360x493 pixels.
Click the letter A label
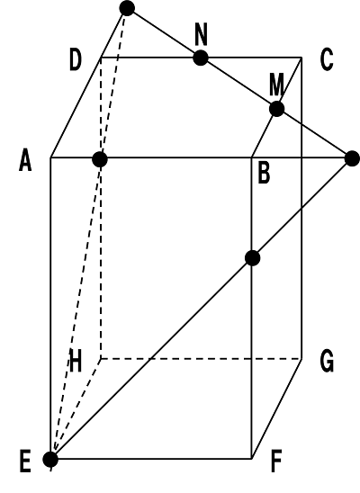pos(25,160)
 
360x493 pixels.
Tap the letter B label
pos(264,174)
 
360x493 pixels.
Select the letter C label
pos(327,59)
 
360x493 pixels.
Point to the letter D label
pos(76,59)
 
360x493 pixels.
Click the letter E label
pos(25,462)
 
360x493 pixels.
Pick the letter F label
pos(276,462)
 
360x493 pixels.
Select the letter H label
pos(76,361)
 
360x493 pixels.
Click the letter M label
pos(276,84)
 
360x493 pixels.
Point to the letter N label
pos(202,34)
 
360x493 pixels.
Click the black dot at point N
pos(201,58)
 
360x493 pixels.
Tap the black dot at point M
pos(277,109)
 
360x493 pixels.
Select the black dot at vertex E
pos(50,460)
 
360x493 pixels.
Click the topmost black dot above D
pos(127,8)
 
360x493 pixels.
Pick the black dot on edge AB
pos(100,159)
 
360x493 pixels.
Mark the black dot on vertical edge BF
pos(253,258)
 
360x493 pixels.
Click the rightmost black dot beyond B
pos(352,158)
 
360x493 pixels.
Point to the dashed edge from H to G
pos(202,358)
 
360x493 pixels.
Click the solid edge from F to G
pos(276,408)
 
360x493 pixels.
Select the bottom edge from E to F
pos(151,459)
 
